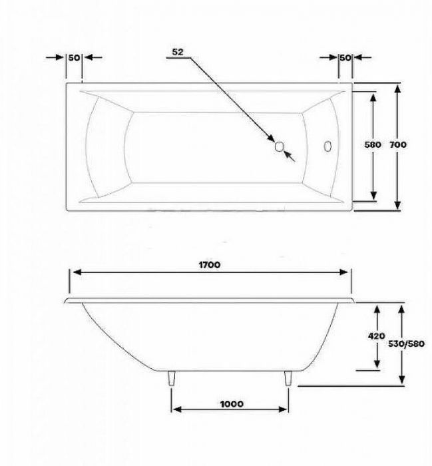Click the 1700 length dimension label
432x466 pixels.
pos(209,264)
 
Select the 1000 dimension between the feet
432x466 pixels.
pos(229,404)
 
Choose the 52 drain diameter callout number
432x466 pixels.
pos(176,51)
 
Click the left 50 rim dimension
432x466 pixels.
pos(74,58)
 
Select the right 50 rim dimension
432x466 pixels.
pos(345,58)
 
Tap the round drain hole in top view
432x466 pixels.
pos(280,147)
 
